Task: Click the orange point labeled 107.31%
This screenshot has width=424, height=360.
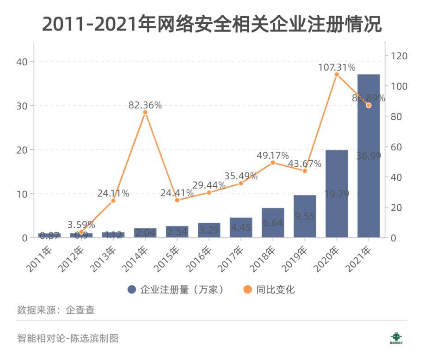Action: point(337,74)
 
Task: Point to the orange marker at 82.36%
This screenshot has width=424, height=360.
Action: point(145,112)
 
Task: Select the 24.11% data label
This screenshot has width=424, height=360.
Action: point(113,193)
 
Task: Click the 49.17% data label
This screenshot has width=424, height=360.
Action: point(273,155)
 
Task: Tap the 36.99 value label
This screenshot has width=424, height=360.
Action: point(369,156)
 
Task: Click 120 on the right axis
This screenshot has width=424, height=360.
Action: point(399,56)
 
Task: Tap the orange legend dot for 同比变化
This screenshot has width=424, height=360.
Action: point(247,290)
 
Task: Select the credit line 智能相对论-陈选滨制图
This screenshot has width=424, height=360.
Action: point(68,338)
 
